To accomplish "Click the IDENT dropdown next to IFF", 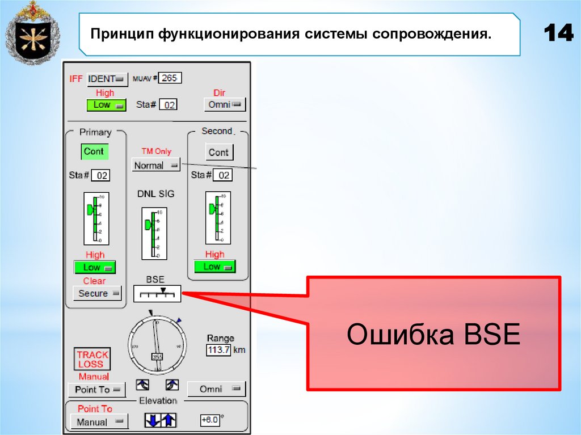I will pyautogui.click(x=107, y=79).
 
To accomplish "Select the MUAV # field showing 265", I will pyautogui.click(x=170, y=78).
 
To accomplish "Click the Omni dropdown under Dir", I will pyautogui.click(x=224, y=104).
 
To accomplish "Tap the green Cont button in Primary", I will pyautogui.click(x=94, y=151).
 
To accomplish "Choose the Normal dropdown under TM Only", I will pyautogui.click(x=155, y=166).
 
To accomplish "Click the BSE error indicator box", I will pyautogui.click(x=157, y=294).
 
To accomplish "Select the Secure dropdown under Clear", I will pyautogui.click(x=98, y=293).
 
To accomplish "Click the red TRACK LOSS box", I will pyautogui.click(x=92, y=359).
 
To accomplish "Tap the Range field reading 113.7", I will pyautogui.click(x=218, y=350).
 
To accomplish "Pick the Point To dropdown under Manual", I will pyautogui.click(x=96, y=390).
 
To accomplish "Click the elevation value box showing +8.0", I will pyautogui.click(x=209, y=420).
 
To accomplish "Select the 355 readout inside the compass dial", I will pyautogui.click(x=157, y=357).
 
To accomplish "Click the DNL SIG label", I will pyautogui.click(x=155, y=194).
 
